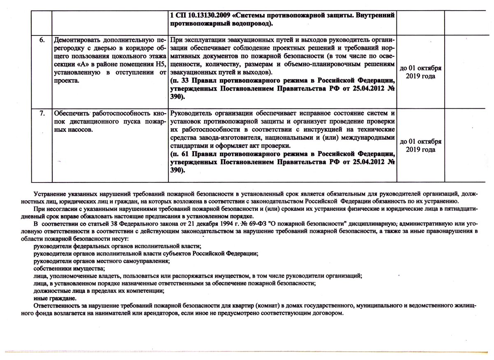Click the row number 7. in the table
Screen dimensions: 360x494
coord(42,113)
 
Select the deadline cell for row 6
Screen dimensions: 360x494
coord(420,72)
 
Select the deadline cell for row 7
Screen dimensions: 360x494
coord(420,145)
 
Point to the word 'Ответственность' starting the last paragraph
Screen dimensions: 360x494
coord(56,306)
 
